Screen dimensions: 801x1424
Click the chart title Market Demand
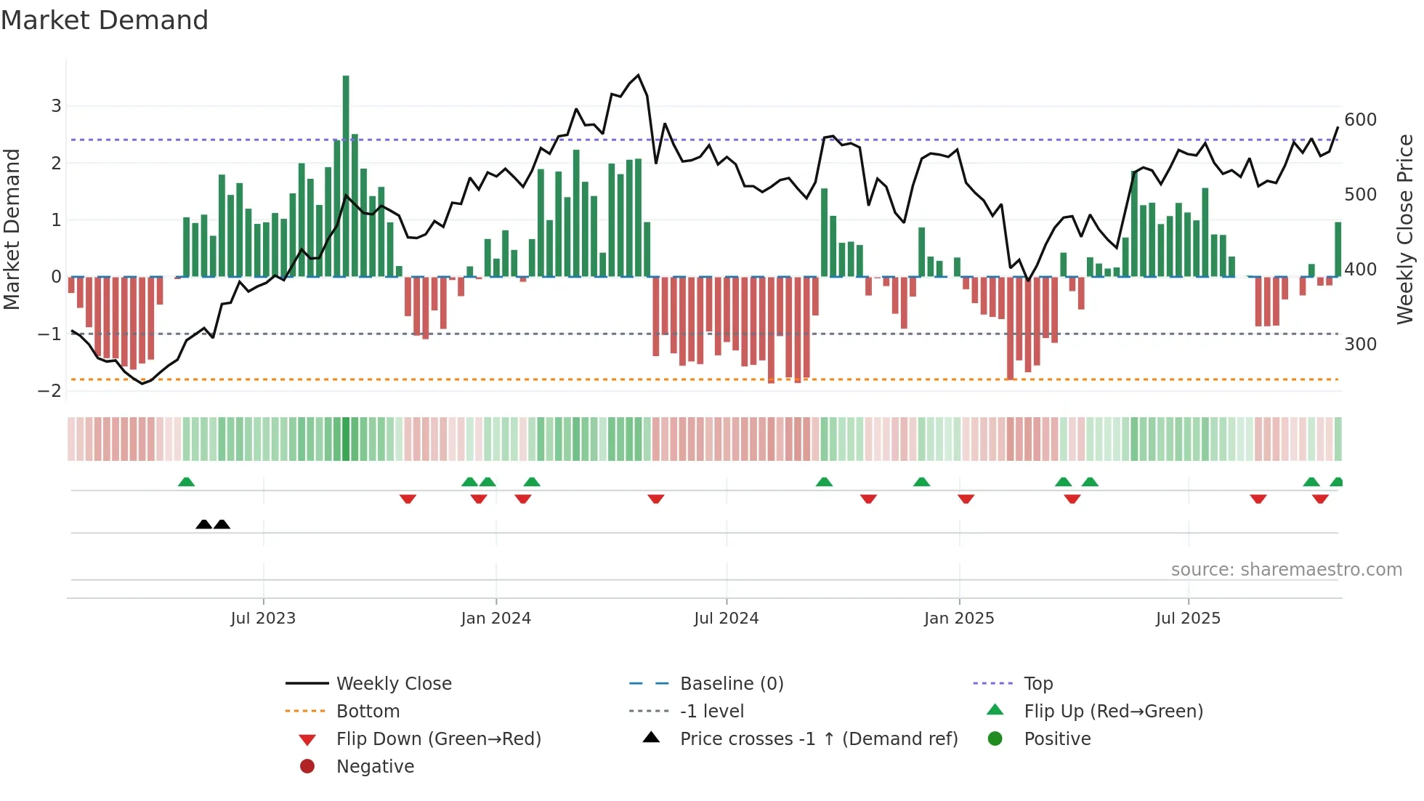coord(105,20)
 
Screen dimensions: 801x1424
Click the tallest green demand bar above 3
coord(346,174)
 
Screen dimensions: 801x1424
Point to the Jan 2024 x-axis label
coord(495,619)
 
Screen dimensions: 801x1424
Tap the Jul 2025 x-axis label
coord(1188,619)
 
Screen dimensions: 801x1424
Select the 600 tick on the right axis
coord(1360,120)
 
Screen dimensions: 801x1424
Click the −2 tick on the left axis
coord(49,391)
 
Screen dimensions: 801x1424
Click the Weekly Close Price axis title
coord(1405,229)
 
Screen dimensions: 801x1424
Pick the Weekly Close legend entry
coord(393,684)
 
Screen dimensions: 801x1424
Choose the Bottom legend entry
coord(368,712)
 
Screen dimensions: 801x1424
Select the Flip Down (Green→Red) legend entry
coord(438,739)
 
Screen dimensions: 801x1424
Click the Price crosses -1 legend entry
coord(818,739)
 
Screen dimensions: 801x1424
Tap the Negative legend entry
coord(375,767)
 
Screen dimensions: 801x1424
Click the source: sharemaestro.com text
coord(1286,570)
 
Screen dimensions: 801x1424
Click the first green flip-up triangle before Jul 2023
coord(187,482)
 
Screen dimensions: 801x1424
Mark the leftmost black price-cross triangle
coord(204,524)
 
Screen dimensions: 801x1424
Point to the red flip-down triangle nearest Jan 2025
coord(966,499)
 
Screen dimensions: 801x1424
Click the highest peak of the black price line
coord(638,76)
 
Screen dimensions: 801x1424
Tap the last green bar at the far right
coord(1338,249)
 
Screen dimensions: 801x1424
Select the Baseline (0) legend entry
coord(731,684)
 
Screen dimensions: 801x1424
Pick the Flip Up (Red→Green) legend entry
coord(1113,712)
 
